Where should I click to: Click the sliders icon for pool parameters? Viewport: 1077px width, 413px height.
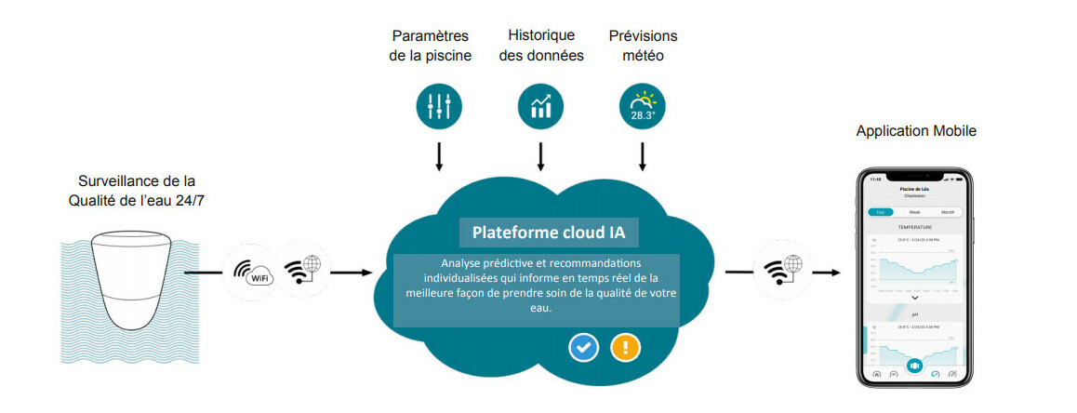pyautogui.click(x=439, y=107)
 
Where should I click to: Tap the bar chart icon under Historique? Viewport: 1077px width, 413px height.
pyautogui.click(x=540, y=107)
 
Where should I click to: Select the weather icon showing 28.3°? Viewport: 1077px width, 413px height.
pyautogui.click(x=643, y=107)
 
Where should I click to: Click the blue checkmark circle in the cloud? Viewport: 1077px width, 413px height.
pyautogui.click(x=583, y=348)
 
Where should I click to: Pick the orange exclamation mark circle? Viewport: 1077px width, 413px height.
pyautogui.click(x=625, y=348)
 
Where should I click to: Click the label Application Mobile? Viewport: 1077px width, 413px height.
pyautogui.click(x=916, y=131)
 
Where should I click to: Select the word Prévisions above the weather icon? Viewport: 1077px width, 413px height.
pyautogui.click(x=643, y=36)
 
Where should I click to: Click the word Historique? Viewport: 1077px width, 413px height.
pyautogui.click(x=540, y=36)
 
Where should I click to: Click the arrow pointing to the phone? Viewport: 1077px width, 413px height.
pyautogui.click(x=825, y=273)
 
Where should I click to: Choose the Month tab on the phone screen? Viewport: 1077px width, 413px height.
pyautogui.click(x=947, y=212)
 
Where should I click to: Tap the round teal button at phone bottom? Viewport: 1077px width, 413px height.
pyautogui.click(x=914, y=366)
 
